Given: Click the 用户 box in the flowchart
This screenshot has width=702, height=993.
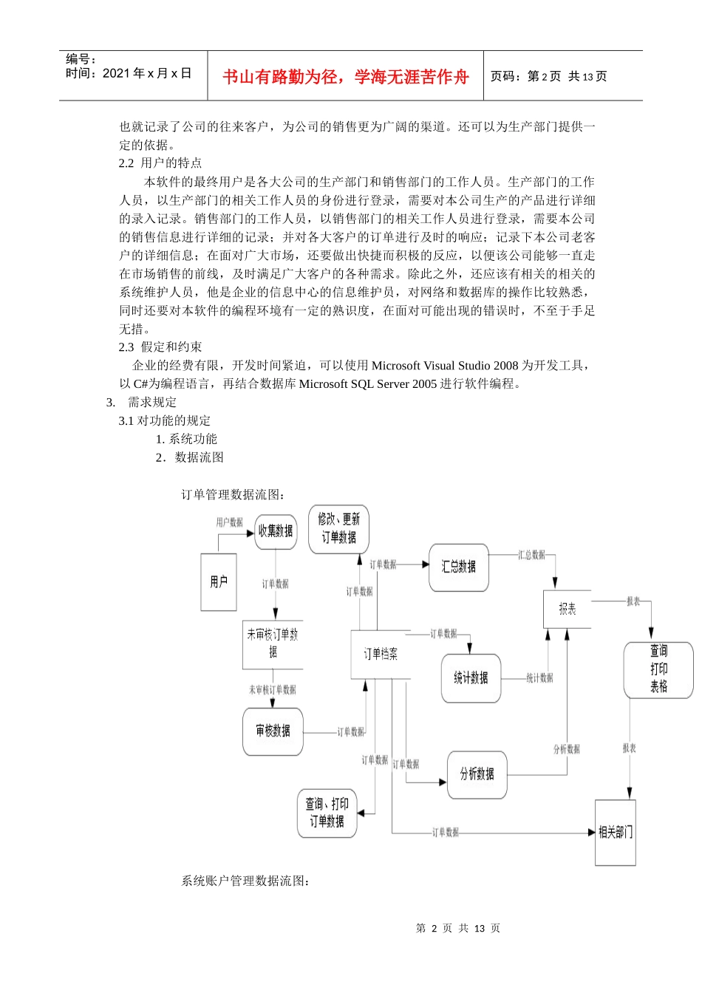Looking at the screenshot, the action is pyautogui.click(x=219, y=582).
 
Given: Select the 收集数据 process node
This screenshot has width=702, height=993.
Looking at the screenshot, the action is pyautogui.click(x=276, y=531).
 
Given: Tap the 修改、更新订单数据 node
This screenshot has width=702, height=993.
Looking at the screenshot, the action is pyautogui.click(x=338, y=529).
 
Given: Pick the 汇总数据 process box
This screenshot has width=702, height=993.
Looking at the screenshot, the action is pyautogui.click(x=459, y=567).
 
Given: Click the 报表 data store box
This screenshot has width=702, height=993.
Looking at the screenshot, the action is pyautogui.click(x=568, y=609).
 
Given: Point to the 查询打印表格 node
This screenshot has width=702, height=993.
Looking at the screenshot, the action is pyautogui.click(x=658, y=669).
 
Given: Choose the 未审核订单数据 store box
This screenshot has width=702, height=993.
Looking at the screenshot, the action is pyautogui.click(x=273, y=644).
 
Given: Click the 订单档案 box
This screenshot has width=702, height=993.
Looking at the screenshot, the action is pyautogui.click(x=380, y=655).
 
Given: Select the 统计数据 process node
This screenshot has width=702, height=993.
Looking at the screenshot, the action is pyautogui.click(x=471, y=678).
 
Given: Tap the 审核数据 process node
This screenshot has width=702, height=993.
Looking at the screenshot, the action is pyautogui.click(x=273, y=731).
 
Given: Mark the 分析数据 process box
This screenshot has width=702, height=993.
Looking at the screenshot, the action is pyautogui.click(x=477, y=774).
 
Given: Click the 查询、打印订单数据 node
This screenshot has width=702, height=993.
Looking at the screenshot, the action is pyautogui.click(x=327, y=813).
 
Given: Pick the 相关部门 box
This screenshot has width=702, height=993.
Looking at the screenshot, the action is pyautogui.click(x=616, y=833).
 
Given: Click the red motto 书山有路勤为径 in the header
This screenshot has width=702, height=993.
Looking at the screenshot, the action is pyautogui.click(x=346, y=77).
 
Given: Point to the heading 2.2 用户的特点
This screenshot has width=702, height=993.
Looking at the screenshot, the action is pyautogui.click(x=160, y=163).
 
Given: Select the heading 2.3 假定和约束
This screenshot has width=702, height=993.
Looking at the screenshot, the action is pyautogui.click(x=160, y=347).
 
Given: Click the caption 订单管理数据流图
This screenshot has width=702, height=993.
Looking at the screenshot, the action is pyautogui.click(x=234, y=495).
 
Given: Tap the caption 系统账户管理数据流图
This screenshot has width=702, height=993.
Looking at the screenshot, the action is pyautogui.click(x=246, y=881).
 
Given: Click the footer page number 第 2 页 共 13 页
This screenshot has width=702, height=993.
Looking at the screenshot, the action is pyautogui.click(x=458, y=929).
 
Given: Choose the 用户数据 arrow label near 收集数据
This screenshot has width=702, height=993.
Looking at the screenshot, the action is pyautogui.click(x=229, y=522).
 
